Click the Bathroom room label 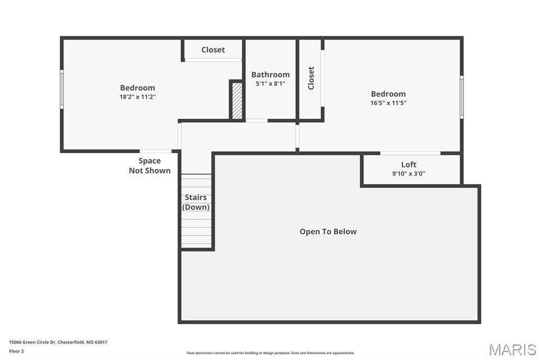(270, 74)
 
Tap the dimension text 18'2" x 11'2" (137, 97)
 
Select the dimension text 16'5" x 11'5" (388, 103)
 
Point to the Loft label (408, 164)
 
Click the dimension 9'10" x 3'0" (408, 173)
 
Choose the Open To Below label (328, 231)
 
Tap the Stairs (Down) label (196, 202)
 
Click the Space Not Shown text (150, 165)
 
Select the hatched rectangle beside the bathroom (237, 100)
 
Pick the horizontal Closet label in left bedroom (213, 50)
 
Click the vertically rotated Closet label (311, 78)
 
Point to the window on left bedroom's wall (62, 89)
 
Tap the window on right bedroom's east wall (461, 97)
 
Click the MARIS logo (512, 349)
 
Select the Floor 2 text (16, 351)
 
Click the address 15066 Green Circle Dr (58, 342)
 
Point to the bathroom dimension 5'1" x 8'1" (270, 83)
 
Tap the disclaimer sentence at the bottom (270, 353)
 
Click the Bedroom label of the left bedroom (137, 88)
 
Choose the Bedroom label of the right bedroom (388, 94)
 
